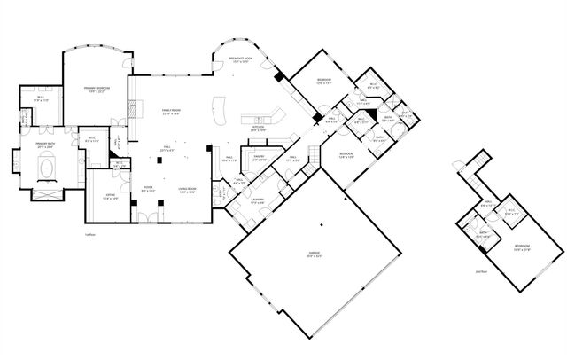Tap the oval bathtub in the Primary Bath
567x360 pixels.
[47, 166]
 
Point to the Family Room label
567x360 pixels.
[171, 112]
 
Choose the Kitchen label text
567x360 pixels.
[259, 128]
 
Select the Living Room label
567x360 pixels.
[187, 190]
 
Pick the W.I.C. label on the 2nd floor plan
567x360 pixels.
[509, 212]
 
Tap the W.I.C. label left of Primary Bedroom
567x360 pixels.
[37, 98]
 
